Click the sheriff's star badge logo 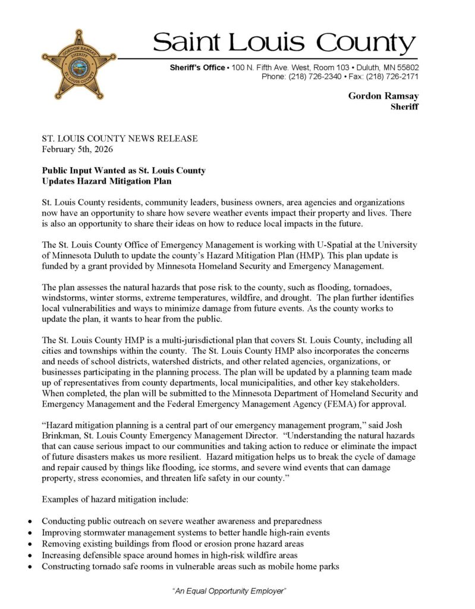79,64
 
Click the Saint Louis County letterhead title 284,43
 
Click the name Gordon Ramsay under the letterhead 383,96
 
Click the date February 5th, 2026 77,149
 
